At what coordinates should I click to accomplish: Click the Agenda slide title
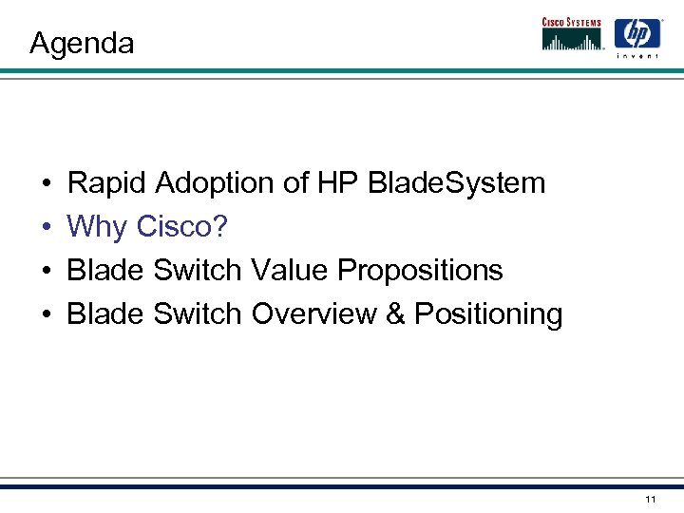click(x=82, y=43)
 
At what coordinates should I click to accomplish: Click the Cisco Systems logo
click(x=573, y=33)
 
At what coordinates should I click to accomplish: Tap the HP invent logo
click(x=636, y=37)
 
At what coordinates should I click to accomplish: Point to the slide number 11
click(x=650, y=499)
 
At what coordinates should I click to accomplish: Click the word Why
click(x=99, y=227)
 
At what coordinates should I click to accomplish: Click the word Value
click(x=291, y=271)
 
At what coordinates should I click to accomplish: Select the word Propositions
click(x=421, y=271)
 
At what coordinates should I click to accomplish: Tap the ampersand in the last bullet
click(x=396, y=313)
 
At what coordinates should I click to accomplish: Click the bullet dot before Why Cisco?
click(x=46, y=228)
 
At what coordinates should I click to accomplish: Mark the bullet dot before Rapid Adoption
click(x=46, y=183)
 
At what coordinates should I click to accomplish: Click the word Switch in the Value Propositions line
click(x=198, y=271)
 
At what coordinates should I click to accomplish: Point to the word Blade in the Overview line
click(x=104, y=313)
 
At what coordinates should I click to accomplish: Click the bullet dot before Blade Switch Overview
click(x=46, y=314)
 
